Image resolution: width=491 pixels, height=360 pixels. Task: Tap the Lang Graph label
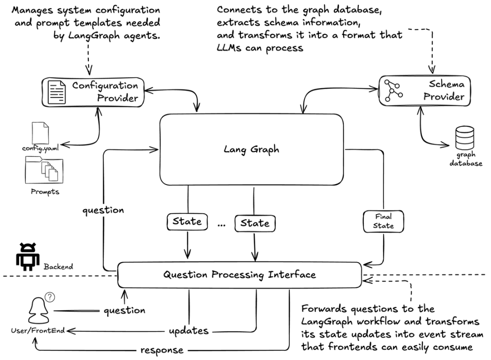click(x=251, y=149)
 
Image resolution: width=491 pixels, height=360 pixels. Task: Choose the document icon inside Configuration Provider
click(x=57, y=92)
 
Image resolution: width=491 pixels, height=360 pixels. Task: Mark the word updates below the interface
click(x=188, y=331)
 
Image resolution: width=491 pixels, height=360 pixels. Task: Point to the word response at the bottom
click(x=162, y=350)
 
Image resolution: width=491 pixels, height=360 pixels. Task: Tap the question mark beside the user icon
click(x=50, y=297)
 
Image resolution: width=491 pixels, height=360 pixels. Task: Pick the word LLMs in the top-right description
click(x=232, y=48)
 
